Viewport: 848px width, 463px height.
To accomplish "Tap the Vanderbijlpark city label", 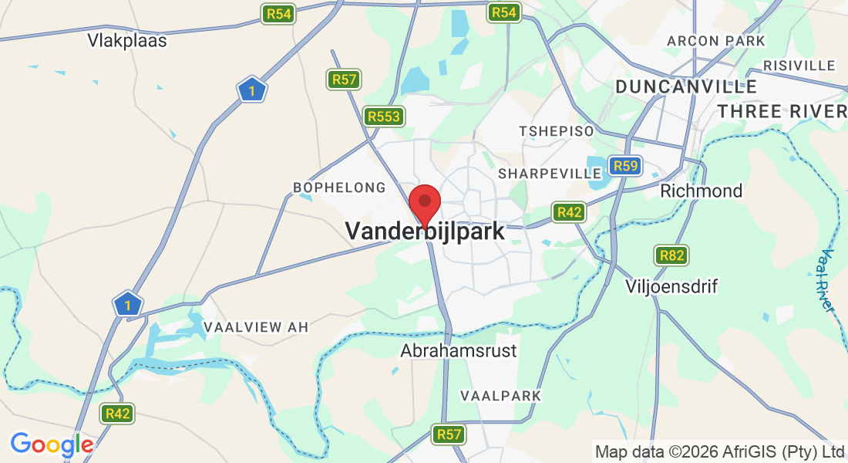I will click(425, 231).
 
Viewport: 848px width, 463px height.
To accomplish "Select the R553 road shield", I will click(384, 117).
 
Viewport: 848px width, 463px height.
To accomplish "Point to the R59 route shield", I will click(624, 166).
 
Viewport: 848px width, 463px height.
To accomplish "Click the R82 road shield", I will click(671, 255).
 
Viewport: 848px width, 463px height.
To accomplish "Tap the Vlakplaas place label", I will click(127, 41).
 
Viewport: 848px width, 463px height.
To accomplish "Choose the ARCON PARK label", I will click(716, 41).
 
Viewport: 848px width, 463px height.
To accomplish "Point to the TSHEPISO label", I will click(557, 131).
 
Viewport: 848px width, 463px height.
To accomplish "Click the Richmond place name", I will click(702, 191).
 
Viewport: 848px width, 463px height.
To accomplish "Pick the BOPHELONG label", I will click(339, 188).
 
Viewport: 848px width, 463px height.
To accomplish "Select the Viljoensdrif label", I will click(671, 287).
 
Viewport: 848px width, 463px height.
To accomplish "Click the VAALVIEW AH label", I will click(256, 327).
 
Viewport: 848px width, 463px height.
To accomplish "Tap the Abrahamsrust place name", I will click(459, 351).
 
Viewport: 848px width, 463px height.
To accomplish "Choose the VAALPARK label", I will click(500, 395).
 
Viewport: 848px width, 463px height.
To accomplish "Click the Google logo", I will click(52, 444).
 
